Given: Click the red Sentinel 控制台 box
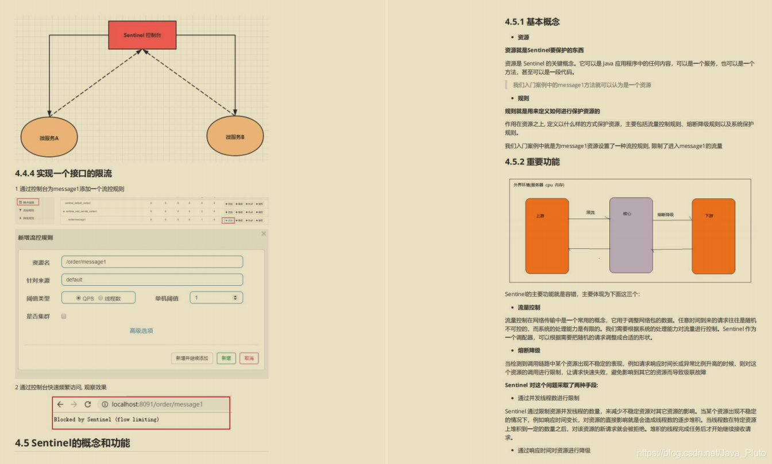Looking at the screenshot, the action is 142,35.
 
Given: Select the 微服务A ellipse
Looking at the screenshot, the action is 49,137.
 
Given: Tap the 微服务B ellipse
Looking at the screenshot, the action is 235,137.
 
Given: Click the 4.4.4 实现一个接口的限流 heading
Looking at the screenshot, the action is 64,174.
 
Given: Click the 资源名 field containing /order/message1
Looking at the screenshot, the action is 153,262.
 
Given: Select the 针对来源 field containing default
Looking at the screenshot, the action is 153,280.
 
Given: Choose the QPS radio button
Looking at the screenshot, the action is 79,298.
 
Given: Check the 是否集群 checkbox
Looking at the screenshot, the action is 64,316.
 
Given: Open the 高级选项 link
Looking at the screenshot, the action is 141,331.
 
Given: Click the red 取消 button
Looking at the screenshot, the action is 249,358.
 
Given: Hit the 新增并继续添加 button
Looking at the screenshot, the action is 192,358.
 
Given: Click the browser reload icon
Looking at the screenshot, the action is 88,405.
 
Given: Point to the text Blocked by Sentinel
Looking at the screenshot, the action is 106,420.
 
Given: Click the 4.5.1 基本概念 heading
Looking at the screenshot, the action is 532,22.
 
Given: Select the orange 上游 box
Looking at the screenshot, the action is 547,236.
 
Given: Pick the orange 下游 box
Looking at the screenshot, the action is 713,236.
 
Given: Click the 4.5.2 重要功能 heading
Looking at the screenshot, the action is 532,162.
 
